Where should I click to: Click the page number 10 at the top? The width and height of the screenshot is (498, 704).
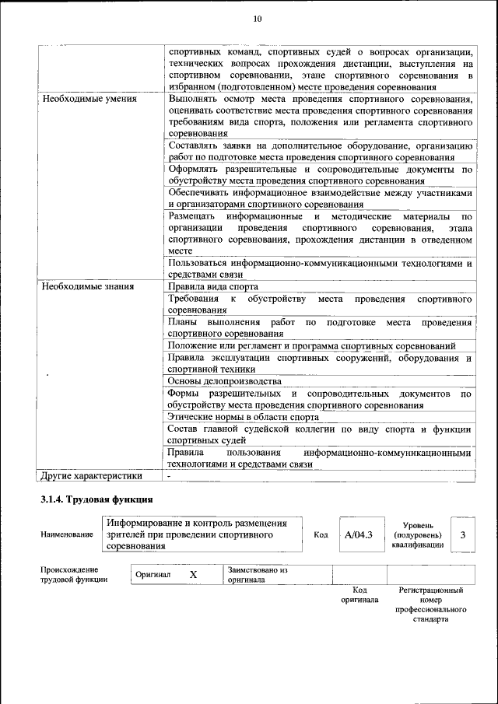(x=258, y=19)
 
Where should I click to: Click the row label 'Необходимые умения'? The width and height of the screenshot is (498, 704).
(x=89, y=100)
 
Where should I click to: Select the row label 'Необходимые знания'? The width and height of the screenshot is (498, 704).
(x=88, y=286)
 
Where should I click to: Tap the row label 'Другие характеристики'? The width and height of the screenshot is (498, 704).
(x=92, y=475)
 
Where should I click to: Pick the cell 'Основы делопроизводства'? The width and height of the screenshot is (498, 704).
(x=224, y=381)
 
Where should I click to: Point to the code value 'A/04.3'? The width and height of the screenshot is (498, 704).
(x=359, y=534)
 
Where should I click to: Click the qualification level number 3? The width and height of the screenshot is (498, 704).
(x=463, y=534)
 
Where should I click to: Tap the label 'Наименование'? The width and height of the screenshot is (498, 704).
(x=67, y=534)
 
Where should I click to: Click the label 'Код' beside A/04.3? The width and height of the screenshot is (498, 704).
(x=321, y=534)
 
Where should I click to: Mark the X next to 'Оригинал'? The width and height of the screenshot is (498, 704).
(x=194, y=574)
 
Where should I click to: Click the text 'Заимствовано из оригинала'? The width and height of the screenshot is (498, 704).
(x=258, y=575)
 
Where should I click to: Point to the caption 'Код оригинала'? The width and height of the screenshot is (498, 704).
(x=359, y=595)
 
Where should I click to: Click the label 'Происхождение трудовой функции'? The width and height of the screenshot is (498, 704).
(x=75, y=574)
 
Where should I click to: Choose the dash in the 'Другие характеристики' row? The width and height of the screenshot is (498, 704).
(x=169, y=475)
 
